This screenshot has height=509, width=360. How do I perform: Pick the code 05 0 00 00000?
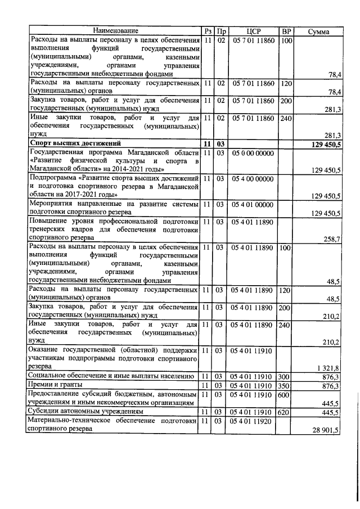pyautogui.click(x=251, y=152)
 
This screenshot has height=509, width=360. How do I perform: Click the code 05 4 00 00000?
pyautogui.click(x=251, y=179)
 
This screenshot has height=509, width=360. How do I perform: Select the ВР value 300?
pyautogui.click(x=286, y=376)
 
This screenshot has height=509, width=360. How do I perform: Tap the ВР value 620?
pyautogui.click(x=286, y=412)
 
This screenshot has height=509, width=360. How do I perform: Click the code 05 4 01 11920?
pyautogui.click(x=251, y=421)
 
